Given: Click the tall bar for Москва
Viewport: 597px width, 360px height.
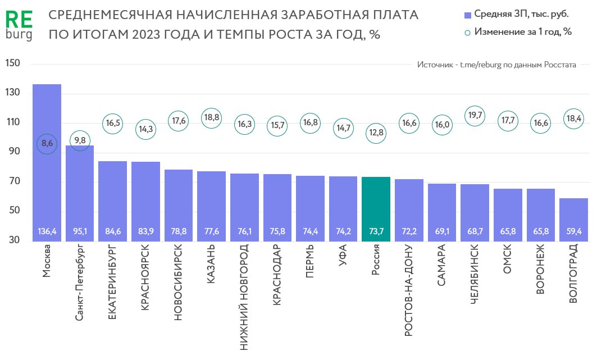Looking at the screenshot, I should [47, 168].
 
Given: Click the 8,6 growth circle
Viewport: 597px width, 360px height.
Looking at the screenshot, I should [47, 144].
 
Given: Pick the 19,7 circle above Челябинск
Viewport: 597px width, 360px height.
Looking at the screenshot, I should [475, 116].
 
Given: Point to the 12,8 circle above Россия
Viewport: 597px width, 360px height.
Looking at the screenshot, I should [376, 133].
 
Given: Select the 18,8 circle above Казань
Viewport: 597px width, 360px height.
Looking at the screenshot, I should [211, 118].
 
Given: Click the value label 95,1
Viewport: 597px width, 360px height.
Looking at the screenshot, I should [80, 231].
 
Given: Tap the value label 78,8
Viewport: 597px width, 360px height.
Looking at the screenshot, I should [179, 231].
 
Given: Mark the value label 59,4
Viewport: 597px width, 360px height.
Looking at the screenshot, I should [573, 231].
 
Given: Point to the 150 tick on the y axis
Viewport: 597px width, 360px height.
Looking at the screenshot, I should [13, 63].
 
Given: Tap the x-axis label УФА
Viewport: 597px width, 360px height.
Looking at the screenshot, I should [343, 257].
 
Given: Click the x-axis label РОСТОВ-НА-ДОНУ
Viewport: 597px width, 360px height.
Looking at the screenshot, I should [409, 290].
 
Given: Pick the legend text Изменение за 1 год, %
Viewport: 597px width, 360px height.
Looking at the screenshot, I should [522, 31].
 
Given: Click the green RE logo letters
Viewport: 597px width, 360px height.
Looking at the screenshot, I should [19, 20].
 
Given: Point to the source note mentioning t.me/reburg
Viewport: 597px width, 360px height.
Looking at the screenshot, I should [496, 65].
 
